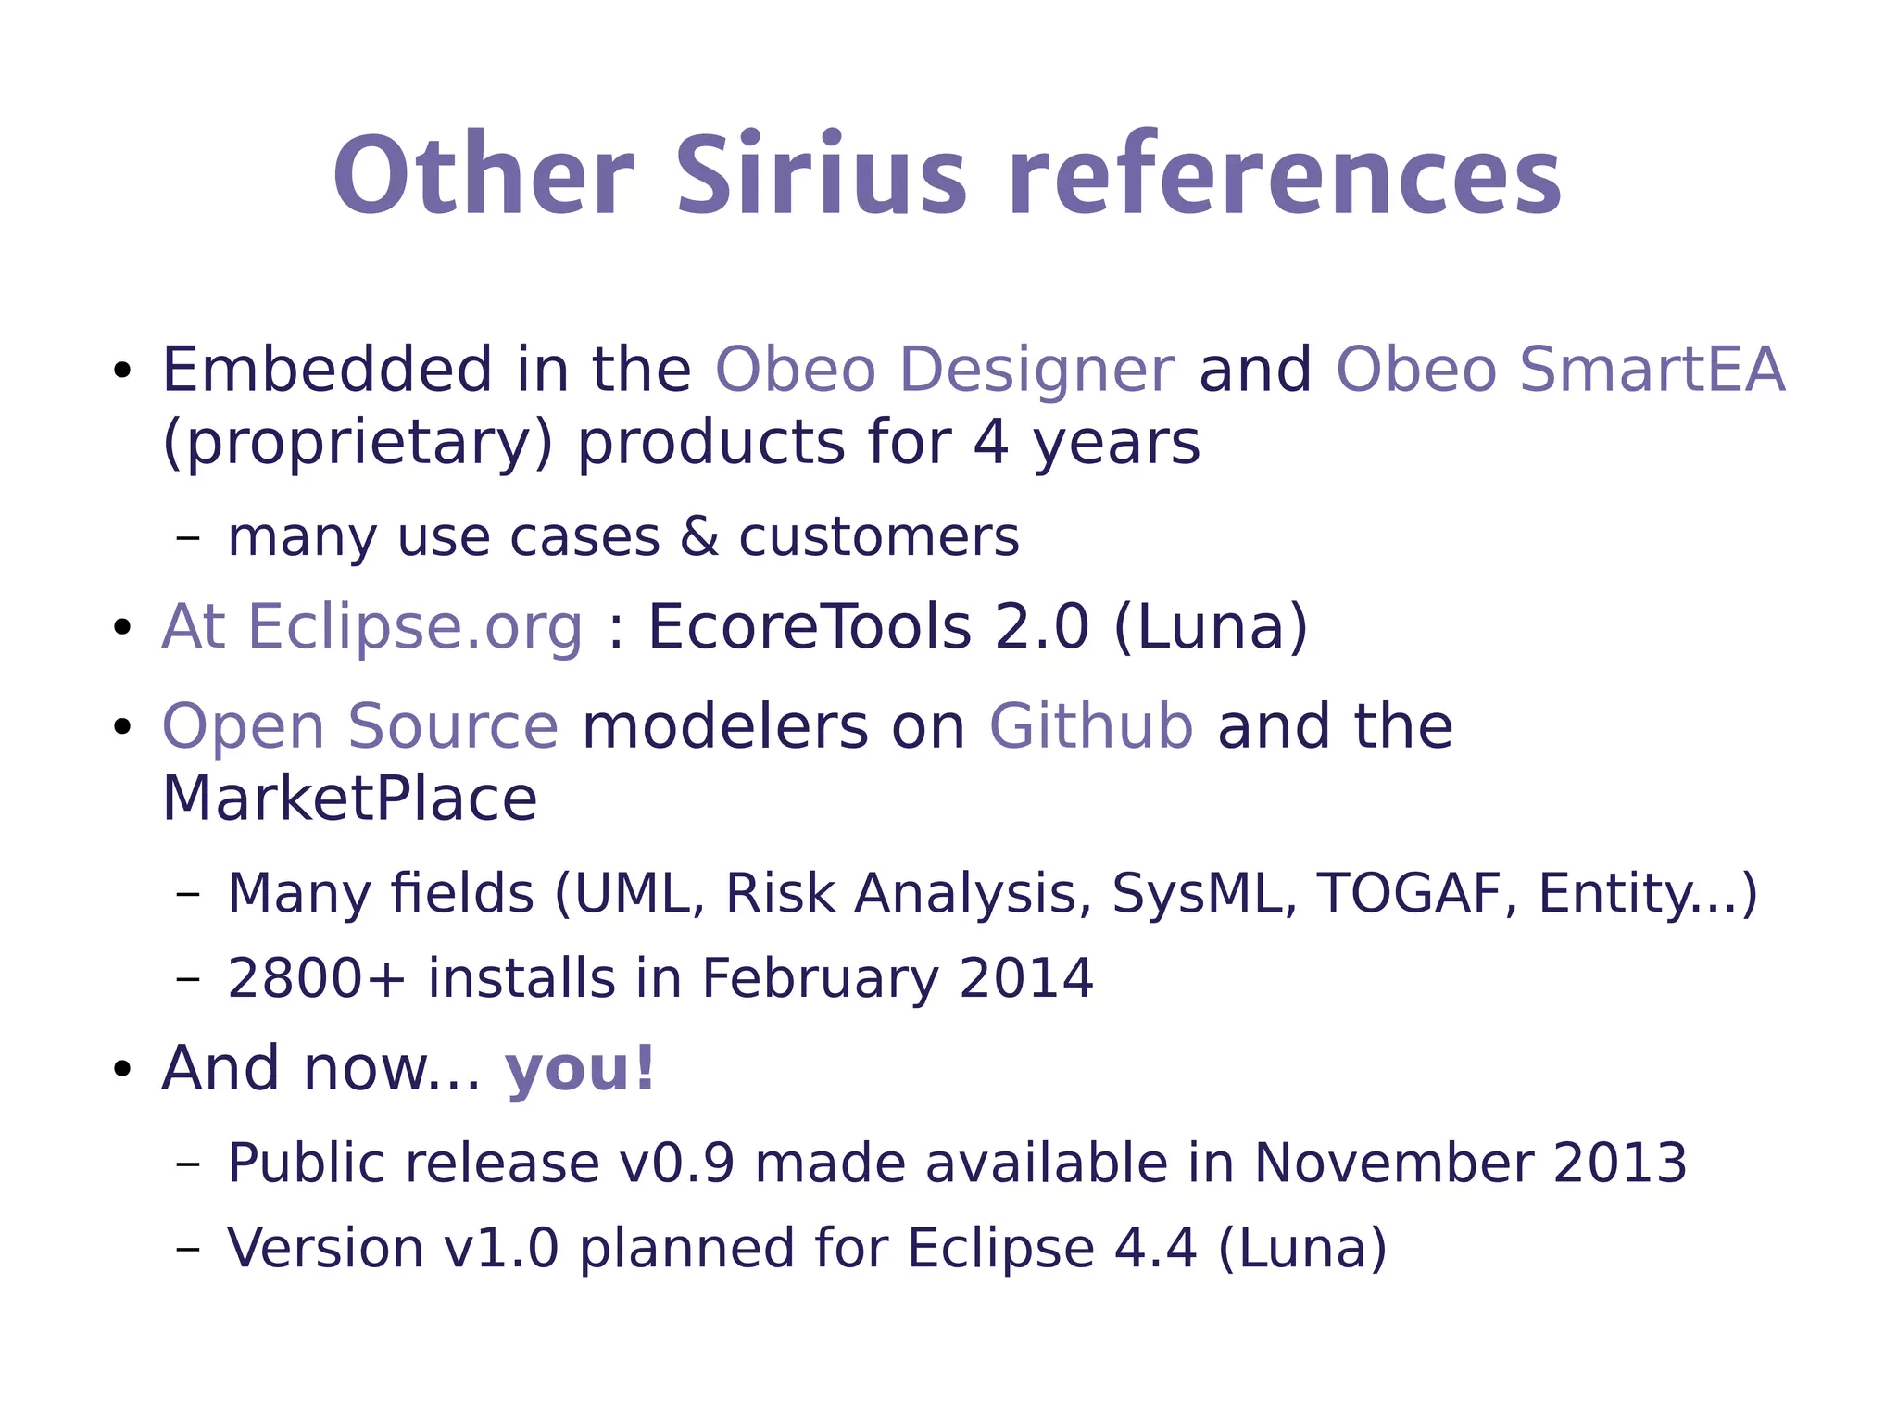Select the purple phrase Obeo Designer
944,370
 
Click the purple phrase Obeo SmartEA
1559,370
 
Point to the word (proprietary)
357,443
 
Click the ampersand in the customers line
699,536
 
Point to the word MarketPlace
349,799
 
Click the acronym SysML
1204,893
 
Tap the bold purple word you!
580,1068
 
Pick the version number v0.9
676,1163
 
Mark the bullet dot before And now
121,1071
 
